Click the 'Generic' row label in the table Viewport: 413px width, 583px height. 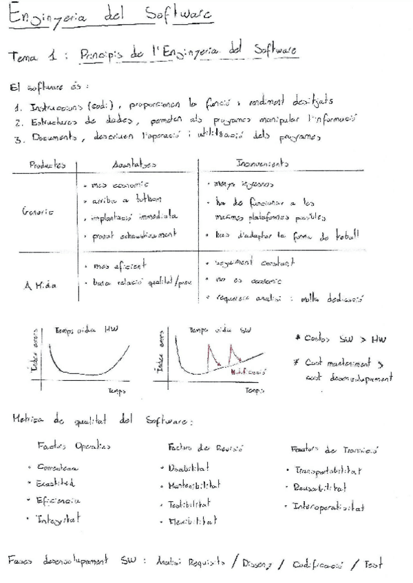(x=36, y=213)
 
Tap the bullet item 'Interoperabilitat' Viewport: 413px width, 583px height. (x=327, y=508)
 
